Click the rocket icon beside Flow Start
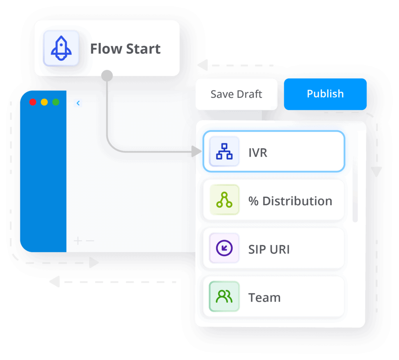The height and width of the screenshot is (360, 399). (x=61, y=48)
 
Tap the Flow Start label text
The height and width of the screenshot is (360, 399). (x=125, y=49)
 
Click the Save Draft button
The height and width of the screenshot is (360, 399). (x=236, y=94)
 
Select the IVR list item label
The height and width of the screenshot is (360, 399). (x=258, y=152)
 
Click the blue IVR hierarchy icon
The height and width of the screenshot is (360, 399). (x=224, y=152)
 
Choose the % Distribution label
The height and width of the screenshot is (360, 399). (x=290, y=201)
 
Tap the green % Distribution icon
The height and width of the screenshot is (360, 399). (x=224, y=200)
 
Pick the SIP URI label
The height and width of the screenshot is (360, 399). (x=269, y=249)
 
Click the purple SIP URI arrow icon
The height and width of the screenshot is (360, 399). (x=224, y=248)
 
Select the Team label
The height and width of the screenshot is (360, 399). (x=264, y=298)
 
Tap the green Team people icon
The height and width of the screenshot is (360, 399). (x=224, y=296)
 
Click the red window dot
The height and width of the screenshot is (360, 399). (x=33, y=102)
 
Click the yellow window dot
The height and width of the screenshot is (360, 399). (x=44, y=102)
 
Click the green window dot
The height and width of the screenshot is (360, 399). (x=56, y=102)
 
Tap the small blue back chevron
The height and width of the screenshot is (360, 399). (x=78, y=103)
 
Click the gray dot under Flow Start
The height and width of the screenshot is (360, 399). (x=107, y=76)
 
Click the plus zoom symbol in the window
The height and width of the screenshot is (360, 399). (x=78, y=241)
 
